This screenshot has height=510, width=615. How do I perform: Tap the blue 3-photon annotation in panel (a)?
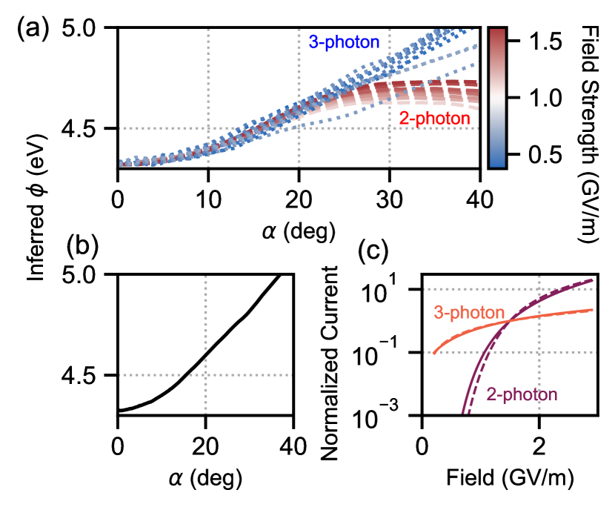click(x=344, y=43)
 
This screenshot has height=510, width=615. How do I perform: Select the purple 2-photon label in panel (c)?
click(x=522, y=393)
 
